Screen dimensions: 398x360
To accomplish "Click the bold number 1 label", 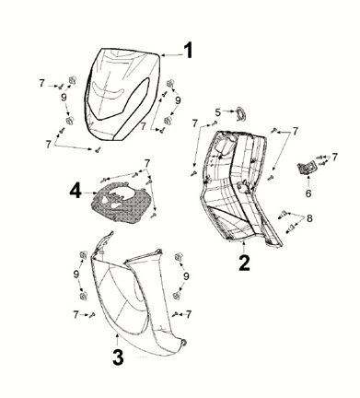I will coord(188,50).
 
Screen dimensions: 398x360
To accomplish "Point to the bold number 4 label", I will coord(76,191).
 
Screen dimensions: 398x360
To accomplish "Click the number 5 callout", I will coord(218,113).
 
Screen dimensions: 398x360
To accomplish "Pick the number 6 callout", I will coord(308,194).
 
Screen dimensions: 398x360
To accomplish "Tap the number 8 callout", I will coord(309,218).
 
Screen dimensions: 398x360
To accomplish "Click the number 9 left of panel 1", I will coord(64,97).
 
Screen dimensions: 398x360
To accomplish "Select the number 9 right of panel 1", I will coord(178,99).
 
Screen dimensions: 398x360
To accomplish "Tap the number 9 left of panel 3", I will coord(75,275).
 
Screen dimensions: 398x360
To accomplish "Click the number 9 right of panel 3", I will coord(186,275).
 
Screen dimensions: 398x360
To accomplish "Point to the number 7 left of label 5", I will coord(195,123).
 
